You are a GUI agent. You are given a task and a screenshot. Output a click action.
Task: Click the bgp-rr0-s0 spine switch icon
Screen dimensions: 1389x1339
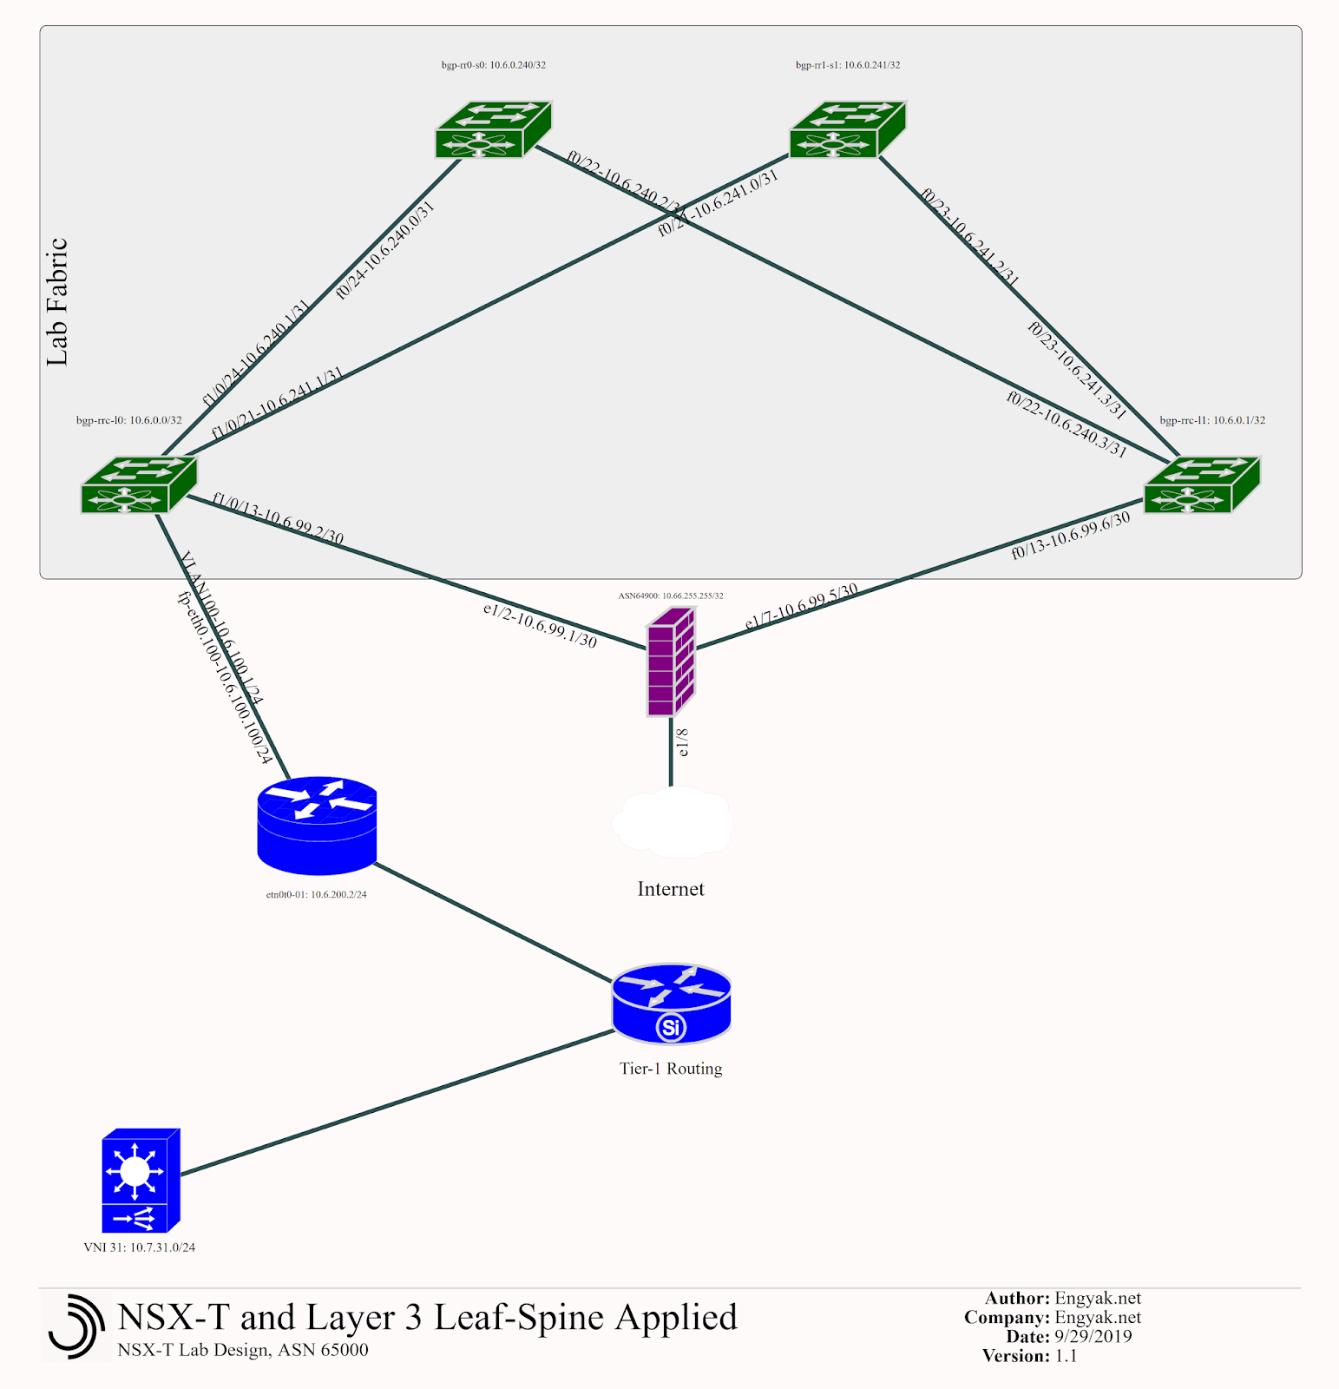493,130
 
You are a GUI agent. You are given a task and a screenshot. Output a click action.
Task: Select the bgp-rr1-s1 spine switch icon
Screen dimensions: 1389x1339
847,130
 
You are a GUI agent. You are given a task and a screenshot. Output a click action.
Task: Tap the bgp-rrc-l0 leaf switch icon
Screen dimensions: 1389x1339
139,485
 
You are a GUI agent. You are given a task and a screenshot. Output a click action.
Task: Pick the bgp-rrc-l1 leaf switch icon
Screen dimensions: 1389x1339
1202,485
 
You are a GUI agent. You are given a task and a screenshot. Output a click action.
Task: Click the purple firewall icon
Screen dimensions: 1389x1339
671,662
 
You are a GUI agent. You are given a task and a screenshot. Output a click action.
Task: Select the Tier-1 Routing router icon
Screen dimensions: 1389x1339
671,1004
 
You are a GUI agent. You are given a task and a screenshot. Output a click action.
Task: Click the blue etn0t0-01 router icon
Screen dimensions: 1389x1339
318,826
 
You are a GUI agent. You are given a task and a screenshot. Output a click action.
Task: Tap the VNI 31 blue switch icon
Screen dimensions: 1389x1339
141,1181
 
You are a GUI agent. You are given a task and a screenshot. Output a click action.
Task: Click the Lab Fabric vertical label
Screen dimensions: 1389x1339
57,302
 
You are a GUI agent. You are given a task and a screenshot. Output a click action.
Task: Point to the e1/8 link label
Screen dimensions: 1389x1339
683,743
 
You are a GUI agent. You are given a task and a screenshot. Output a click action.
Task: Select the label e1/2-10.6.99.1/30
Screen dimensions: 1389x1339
540,626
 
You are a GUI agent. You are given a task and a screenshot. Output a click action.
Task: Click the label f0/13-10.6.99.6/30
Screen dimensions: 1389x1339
1071,536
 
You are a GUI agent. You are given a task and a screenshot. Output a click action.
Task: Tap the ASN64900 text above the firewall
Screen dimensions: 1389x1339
671,596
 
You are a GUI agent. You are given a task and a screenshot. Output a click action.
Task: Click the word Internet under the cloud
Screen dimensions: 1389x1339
671,889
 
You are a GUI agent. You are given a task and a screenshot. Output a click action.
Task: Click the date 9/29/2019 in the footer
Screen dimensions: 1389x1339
1093,1337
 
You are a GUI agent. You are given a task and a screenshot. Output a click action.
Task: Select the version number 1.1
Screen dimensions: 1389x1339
1067,1356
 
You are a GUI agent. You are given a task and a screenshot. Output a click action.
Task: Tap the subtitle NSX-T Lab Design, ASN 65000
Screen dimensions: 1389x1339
243,1350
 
